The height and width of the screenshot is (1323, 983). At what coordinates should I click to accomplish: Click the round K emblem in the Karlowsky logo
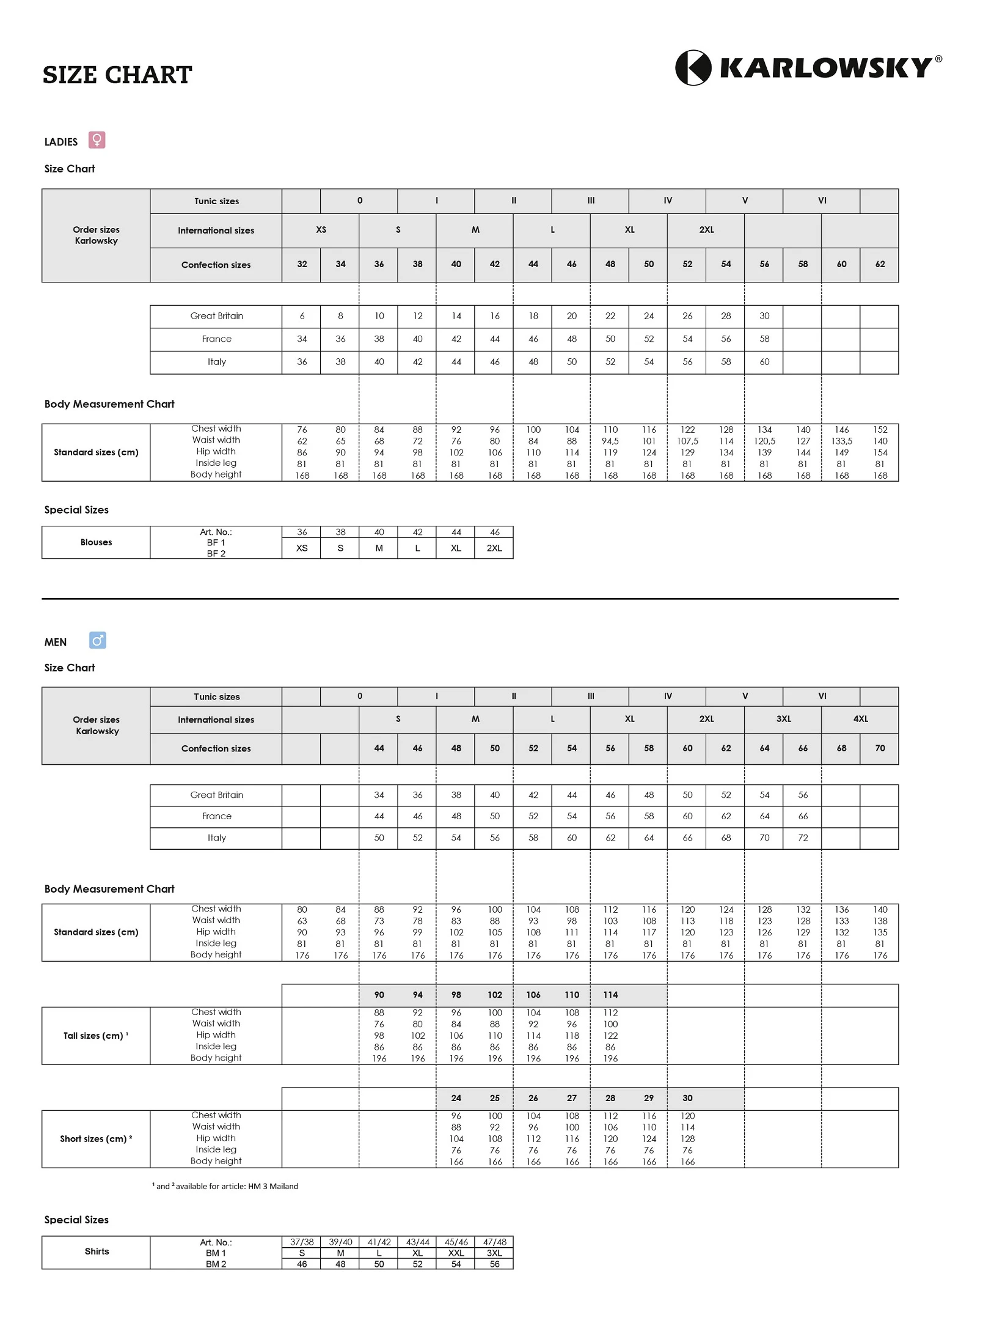[x=693, y=68]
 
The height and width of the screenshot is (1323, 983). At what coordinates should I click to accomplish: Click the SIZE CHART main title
[x=117, y=75]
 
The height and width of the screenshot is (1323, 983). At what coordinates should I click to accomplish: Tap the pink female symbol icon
[x=97, y=140]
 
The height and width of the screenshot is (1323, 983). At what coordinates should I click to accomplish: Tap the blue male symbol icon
[x=97, y=640]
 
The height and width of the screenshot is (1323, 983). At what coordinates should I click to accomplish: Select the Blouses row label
[x=96, y=542]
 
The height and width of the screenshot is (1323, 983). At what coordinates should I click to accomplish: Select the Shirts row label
[x=97, y=1251]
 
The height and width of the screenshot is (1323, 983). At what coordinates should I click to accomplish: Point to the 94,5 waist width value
[x=610, y=441]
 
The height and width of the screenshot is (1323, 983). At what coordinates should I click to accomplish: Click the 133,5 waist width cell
[x=841, y=441]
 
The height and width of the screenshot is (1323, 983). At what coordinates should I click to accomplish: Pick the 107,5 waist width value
[x=687, y=441]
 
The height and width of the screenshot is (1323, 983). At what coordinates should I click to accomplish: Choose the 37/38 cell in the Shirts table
[x=302, y=1242]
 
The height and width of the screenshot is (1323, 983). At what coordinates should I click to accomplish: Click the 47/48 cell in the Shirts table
[x=494, y=1242]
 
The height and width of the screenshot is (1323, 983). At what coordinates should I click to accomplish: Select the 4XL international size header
[x=860, y=719]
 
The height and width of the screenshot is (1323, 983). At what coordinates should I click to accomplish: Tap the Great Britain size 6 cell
[x=302, y=316]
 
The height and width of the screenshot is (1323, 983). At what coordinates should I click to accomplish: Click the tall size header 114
[x=610, y=995]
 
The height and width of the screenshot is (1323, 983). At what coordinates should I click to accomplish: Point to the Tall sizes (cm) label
[x=95, y=1036]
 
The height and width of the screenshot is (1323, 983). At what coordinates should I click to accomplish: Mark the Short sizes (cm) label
[x=95, y=1139]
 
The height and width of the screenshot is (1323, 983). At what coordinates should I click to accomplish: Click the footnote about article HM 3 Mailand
[x=225, y=1186]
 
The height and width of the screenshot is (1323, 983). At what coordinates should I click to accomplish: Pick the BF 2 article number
[x=216, y=553]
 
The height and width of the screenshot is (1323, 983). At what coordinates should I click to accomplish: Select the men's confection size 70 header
[x=880, y=748]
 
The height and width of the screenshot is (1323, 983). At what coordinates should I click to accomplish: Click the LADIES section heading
[x=61, y=142]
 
